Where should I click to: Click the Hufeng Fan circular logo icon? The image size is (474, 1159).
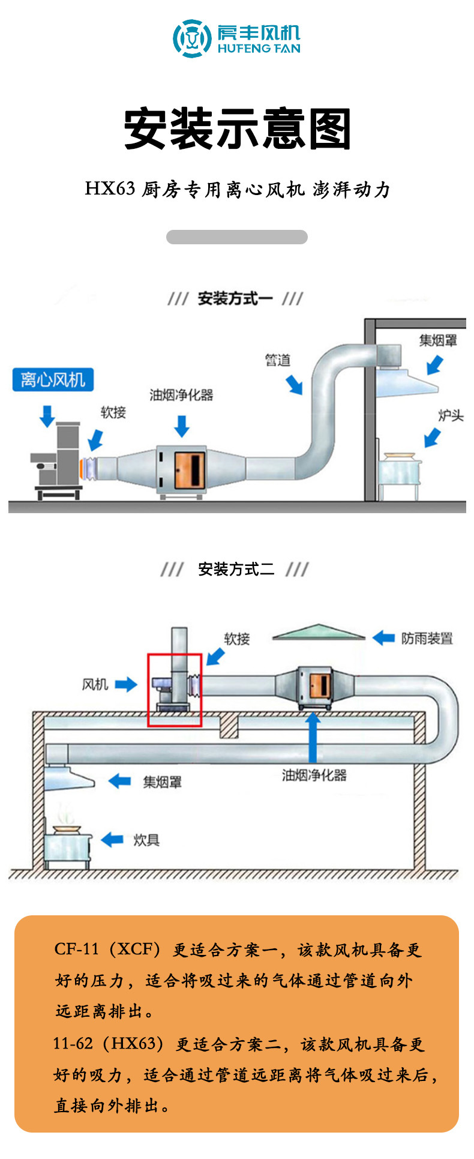pyautogui.click(x=192, y=38)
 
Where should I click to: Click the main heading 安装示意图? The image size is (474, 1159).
pyautogui.click(x=238, y=129)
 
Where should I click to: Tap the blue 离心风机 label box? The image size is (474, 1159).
pyautogui.click(x=53, y=380)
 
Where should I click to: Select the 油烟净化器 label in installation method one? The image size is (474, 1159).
pyautogui.click(x=181, y=395)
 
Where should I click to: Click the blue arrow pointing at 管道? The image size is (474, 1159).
pyautogui.click(x=294, y=384)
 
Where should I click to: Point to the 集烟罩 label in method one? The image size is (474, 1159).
pyautogui.click(x=438, y=340)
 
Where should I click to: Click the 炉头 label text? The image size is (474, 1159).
pyautogui.click(x=451, y=415)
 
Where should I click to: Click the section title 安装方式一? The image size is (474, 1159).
pyautogui.click(x=235, y=298)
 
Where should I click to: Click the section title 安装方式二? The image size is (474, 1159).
pyautogui.click(x=236, y=569)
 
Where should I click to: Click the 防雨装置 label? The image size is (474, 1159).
pyautogui.click(x=427, y=638)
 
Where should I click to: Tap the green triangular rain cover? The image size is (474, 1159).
pyautogui.click(x=319, y=632)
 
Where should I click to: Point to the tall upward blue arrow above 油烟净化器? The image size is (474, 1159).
pyautogui.click(x=312, y=737)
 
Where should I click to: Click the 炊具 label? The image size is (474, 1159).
pyautogui.click(x=146, y=840)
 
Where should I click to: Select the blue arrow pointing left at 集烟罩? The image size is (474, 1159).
pyautogui.click(x=119, y=781)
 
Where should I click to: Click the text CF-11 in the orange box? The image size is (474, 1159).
pyautogui.click(x=76, y=949)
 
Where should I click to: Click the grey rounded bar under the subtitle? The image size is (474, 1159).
pyautogui.click(x=237, y=237)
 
